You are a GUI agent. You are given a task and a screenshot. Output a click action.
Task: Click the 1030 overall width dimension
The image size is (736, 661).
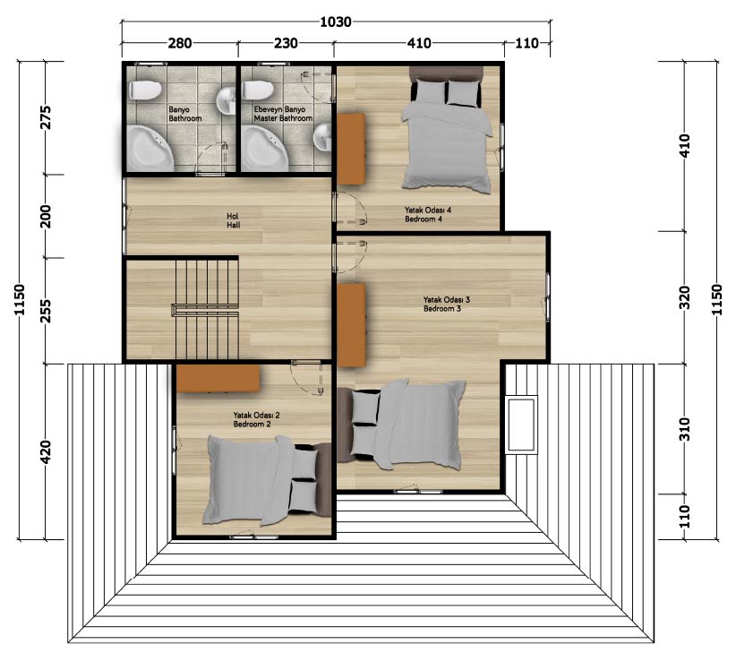336,22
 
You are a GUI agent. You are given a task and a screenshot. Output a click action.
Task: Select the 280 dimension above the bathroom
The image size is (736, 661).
180,43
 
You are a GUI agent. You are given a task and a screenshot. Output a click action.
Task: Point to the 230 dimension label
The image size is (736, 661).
286,43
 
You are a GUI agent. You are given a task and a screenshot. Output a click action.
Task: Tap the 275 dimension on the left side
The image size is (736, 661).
45,117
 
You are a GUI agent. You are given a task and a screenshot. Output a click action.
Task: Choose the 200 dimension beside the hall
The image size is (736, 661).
45,216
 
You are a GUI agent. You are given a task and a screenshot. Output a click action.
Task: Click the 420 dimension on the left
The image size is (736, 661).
45,451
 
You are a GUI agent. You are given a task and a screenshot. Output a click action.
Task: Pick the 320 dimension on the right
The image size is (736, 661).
685,297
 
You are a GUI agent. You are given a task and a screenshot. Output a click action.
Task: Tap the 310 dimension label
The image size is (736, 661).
685,429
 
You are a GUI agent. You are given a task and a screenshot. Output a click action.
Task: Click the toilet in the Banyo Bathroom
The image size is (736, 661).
145,90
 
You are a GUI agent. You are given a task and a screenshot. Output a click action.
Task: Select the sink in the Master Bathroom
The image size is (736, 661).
322,137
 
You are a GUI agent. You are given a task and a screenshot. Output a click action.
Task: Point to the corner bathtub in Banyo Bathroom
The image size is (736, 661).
150,148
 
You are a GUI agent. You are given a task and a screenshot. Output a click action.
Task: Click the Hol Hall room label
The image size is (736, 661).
234,220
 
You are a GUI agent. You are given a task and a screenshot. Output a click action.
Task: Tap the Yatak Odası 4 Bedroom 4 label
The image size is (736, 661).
428,215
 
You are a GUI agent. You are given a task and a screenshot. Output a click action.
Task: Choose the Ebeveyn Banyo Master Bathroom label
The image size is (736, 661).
283,114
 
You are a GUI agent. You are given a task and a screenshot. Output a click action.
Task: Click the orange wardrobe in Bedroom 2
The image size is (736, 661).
218,378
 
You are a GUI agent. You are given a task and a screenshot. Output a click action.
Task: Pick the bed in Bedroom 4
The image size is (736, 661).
447,129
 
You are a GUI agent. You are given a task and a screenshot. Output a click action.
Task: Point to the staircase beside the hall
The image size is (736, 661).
206,310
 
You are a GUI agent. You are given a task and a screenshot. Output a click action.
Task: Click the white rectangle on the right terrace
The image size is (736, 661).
521,425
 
